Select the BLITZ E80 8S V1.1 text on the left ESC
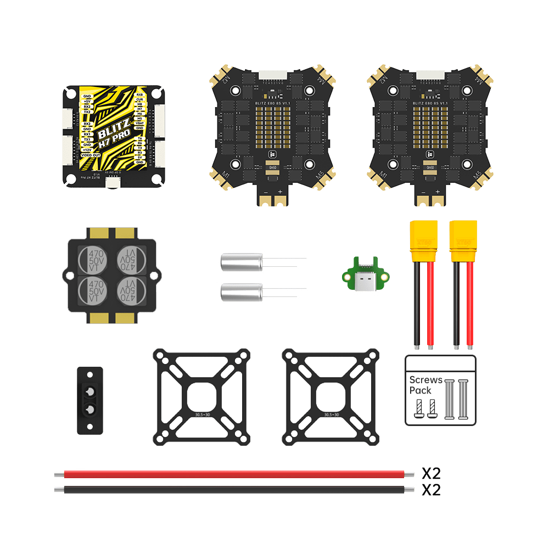[x=272, y=103]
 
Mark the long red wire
[x=236, y=474]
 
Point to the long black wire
[x=236, y=489]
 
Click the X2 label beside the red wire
[x=431, y=473]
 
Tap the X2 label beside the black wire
[x=431, y=490]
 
